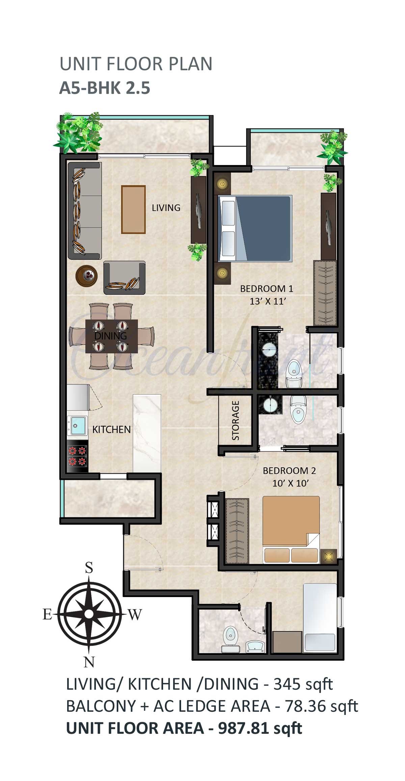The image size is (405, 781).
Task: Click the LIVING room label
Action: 166,208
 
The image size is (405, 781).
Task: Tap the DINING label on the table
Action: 111,336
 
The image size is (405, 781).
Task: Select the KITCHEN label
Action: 111,430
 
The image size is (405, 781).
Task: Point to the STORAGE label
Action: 236,420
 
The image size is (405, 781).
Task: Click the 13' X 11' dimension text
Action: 268,301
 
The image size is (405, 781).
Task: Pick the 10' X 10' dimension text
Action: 291,483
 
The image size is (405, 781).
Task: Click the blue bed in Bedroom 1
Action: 255,228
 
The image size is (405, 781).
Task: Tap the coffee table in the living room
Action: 133,209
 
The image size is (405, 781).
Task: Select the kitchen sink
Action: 77,425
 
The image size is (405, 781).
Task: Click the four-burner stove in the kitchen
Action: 78,456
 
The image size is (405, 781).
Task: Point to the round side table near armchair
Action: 86,275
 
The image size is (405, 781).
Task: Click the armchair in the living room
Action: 125,277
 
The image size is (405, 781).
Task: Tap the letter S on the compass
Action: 89,568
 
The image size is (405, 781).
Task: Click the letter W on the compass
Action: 135,615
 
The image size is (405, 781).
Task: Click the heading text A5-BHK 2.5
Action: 105,88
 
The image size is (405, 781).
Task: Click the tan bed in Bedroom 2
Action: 291,529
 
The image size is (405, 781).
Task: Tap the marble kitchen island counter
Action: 147,433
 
